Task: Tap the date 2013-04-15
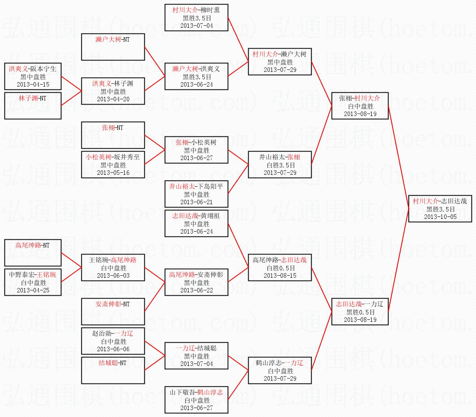pyautogui.click(x=33, y=84)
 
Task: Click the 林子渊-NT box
pyautogui.click(x=33, y=105)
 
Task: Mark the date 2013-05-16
pyautogui.click(x=113, y=172)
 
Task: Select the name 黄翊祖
pyautogui.click(x=210, y=216)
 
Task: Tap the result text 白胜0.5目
pyautogui.click(x=279, y=268)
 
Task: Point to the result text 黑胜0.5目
pyautogui.click(x=359, y=312)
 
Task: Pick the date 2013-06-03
pyautogui.click(x=113, y=275)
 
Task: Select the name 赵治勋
pyautogui.click(x=101, y=333)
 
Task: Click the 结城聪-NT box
pyautogui.click(x=113, y=370)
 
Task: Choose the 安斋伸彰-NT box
pyautogui.click(x=113, y=311)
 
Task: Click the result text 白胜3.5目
pyautogui.click(x=279, y=165)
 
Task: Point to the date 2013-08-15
pyautogui.click(x=279, y=275)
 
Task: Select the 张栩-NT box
pyautogui.click(x=113, y=135)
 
